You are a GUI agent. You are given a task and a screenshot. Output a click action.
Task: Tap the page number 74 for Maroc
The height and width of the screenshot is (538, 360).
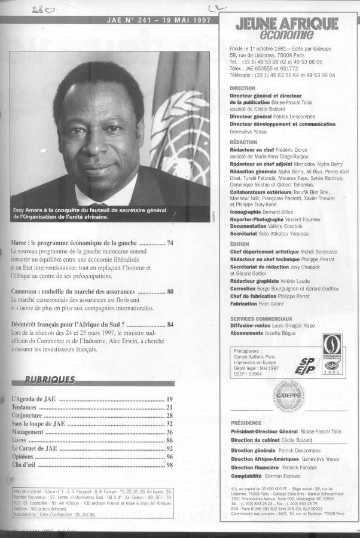[170, 244]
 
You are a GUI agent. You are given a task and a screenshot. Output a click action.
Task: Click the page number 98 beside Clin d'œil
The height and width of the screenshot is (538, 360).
[170, 464]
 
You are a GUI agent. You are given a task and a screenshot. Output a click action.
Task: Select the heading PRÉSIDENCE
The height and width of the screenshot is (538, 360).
[247, 422]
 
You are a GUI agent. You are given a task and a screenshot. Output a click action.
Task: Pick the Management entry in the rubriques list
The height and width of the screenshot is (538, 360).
[28, 432]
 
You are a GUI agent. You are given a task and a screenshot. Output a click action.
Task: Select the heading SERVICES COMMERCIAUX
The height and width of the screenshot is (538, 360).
[261, 319]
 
